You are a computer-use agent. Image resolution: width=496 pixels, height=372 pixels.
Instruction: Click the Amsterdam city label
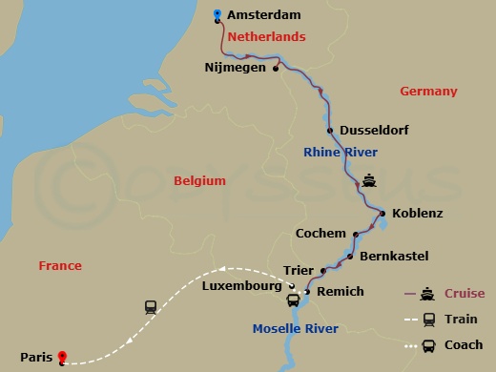[264, 15]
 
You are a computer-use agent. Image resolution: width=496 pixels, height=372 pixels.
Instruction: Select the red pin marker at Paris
[63, 358]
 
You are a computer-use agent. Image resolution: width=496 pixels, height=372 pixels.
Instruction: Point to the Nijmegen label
[236, 68]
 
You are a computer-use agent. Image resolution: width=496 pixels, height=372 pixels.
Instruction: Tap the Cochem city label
[320, 233]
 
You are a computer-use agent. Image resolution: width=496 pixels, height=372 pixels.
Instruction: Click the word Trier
[299, 270]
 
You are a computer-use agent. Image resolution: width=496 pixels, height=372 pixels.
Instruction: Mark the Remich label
[340, 292]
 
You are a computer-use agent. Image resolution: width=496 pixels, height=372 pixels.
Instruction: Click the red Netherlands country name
[264, 36]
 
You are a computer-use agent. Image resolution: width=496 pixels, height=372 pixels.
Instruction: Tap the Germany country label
[428, 92]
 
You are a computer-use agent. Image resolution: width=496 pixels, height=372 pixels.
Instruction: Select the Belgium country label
[199, 180]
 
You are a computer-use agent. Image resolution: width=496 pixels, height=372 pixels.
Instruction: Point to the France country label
[60, 265]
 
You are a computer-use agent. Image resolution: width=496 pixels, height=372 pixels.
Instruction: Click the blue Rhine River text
[340, 153]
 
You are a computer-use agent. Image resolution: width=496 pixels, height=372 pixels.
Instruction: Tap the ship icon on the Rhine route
[370, 180]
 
